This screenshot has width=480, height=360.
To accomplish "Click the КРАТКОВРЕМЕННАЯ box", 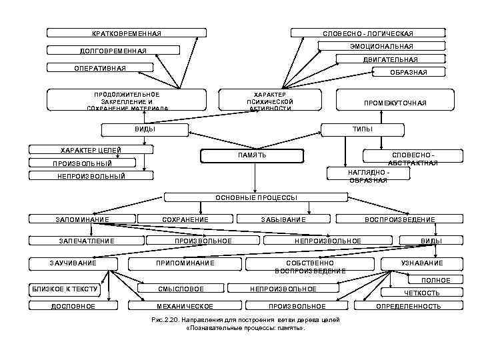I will click(x=126, y=33).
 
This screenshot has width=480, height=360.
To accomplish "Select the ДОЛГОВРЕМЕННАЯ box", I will click(x=113, y=51).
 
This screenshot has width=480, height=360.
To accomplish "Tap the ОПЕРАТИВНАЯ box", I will click(x=101, y=68).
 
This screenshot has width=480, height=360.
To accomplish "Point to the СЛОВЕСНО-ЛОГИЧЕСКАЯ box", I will click(x=367, y=33).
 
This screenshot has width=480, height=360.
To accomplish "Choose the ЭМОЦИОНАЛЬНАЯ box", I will click(x=381, y=46).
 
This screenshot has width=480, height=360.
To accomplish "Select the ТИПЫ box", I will click(x=363, y=129).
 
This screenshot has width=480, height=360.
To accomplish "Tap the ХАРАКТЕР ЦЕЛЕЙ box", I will click(x=91, y=150).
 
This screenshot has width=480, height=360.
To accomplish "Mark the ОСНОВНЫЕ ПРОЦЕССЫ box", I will click(x=256, y=197).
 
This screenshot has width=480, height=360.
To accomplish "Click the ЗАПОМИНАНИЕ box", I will click(x=83, y=219).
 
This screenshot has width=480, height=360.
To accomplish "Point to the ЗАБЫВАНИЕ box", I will click(x=283, y=219).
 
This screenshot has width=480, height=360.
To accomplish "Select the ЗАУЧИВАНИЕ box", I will click(x=73, y=263).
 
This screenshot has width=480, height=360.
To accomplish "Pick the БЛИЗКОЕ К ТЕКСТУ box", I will click(x=65, y=289).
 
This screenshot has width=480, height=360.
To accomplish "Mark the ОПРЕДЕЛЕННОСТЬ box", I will click(x=408, y=306).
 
